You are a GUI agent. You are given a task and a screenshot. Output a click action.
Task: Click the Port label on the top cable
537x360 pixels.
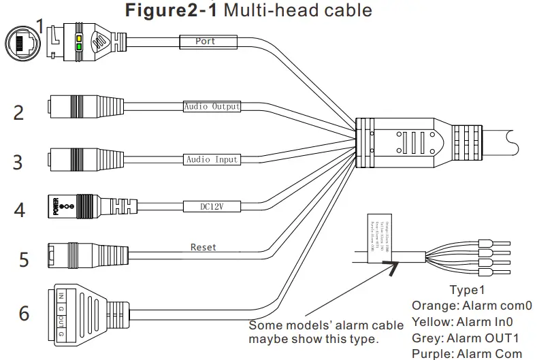[x=205, y=42]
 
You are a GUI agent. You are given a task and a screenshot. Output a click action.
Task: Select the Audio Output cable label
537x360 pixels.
[x=212, y=107]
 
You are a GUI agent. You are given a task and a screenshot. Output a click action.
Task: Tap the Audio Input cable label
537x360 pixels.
[x=212, y=159]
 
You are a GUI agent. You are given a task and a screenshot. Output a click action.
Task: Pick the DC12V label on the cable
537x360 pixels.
[x=211, y=203]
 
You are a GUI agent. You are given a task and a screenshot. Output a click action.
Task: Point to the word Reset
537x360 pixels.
[x=203, y=248]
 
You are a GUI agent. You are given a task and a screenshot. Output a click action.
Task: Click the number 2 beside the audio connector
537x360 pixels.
[x=19, y=112]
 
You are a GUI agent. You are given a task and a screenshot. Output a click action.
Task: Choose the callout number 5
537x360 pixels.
[x=23, y=259]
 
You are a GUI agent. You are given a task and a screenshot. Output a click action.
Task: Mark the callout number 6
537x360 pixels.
[x=24, y=314]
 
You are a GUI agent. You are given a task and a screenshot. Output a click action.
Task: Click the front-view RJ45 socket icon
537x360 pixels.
[x=21, y=44]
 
